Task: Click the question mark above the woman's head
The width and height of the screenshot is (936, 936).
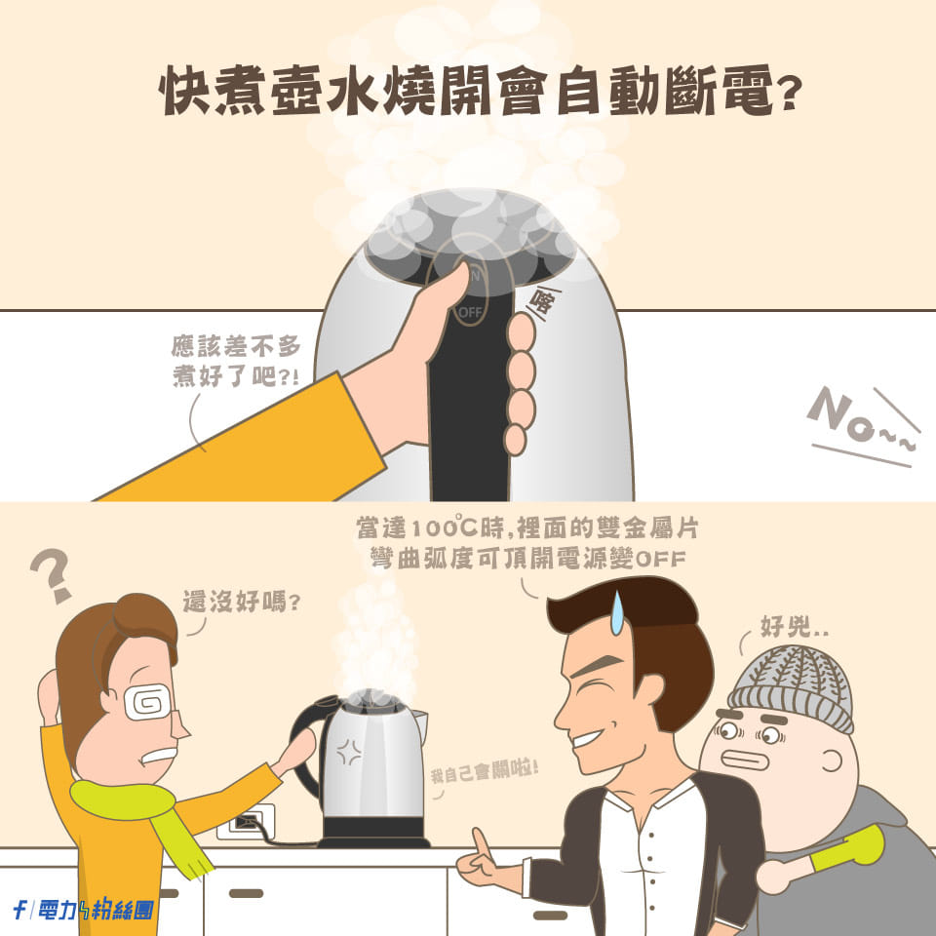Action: point(51,575)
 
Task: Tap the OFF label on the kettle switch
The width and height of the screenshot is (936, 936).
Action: point(470,312)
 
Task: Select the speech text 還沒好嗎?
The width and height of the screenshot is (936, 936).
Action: point(241,602)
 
